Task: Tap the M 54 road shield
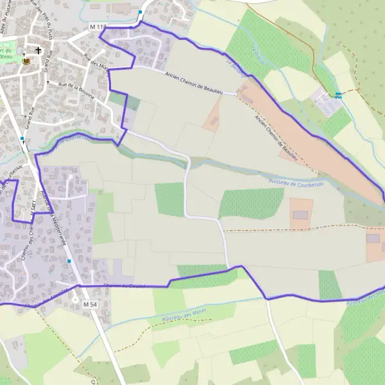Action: pyautogui.click(x=90, y=302)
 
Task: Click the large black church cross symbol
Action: pyautogui.click(x=38, y=50)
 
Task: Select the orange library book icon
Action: pyautogui.click(x=26, y=61)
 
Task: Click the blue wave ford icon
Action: pyautogui.click(x=338, y=95)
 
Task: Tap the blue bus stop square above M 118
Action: pyautogui.click(x=140, y=12)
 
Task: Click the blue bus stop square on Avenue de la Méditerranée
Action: pyautogui.click(x=69, y=261)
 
